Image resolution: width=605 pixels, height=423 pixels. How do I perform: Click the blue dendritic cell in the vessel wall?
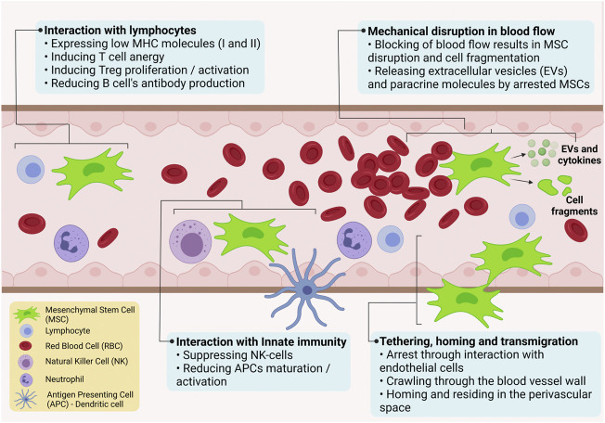305,289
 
